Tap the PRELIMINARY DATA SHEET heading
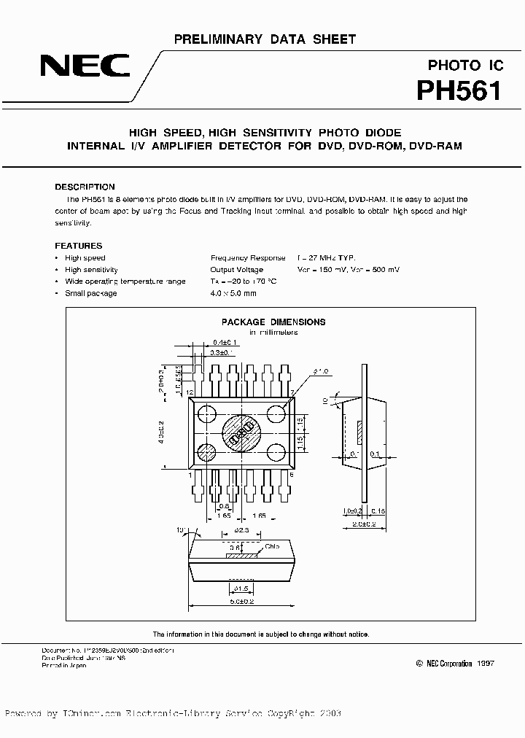pos(265,38)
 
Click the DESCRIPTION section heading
pos(85,187)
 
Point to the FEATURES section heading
pos(79,246)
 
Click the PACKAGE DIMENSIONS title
pos(273,322)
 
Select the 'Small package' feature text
pos(90,293)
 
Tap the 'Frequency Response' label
pos(248,258)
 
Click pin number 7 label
pos(292,392)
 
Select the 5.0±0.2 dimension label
pos(243,601)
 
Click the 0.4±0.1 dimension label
pos(227,342)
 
